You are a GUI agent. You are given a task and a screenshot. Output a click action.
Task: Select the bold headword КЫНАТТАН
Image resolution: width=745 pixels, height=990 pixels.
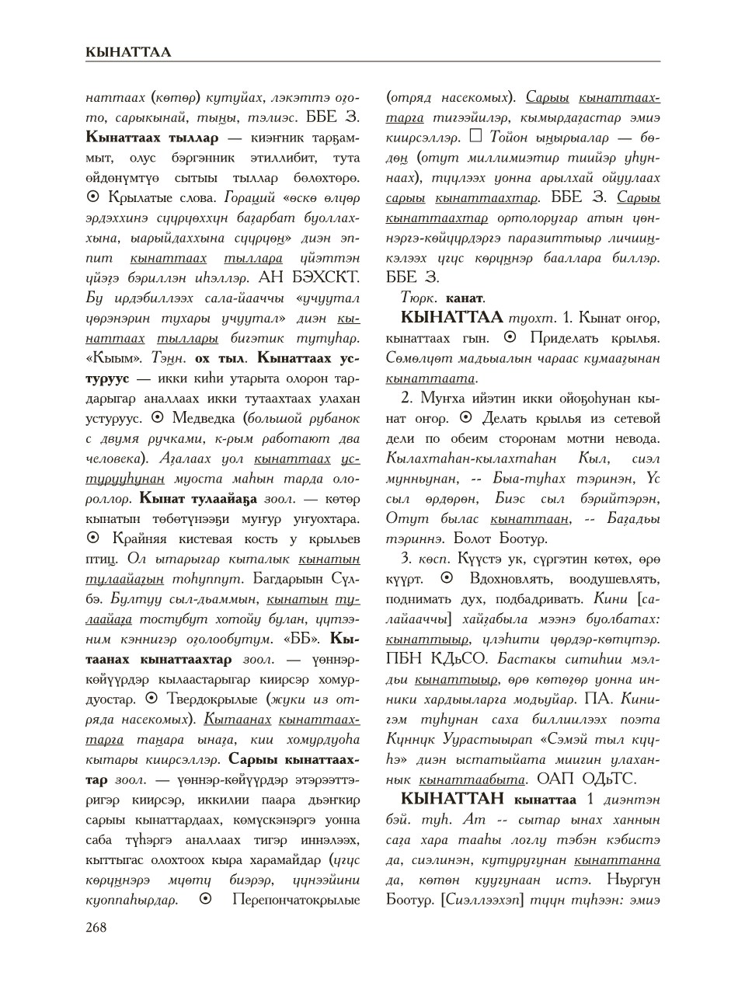click(x=451, y=799)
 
